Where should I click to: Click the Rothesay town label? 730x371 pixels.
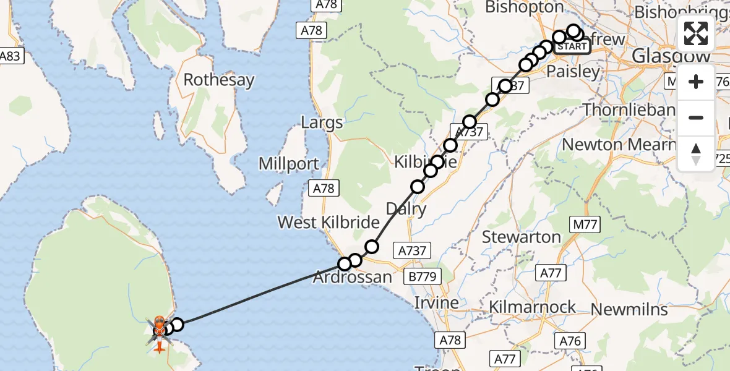click(x=218, y=80)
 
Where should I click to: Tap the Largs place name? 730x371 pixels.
click(x=322, y=122)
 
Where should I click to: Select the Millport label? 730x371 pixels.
click(x=289, y=164)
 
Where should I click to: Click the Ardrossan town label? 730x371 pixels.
click(x=352, y=277)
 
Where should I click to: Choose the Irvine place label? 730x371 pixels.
click(x=437, y=303)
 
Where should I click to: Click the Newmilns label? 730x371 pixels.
click(x=629, y=309)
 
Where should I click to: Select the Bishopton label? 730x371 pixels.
click(x=525, y=7)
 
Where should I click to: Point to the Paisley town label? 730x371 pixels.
click(x=573, y=72)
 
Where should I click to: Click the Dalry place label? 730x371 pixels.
click(x=406, y=208)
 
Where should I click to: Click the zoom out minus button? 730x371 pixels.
click(x=696, y=117)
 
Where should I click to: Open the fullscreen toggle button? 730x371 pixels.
click(x=696, y=33)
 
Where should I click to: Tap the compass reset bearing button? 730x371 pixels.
click(x=696, y=153)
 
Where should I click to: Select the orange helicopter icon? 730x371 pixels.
click(x=159, y=323)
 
